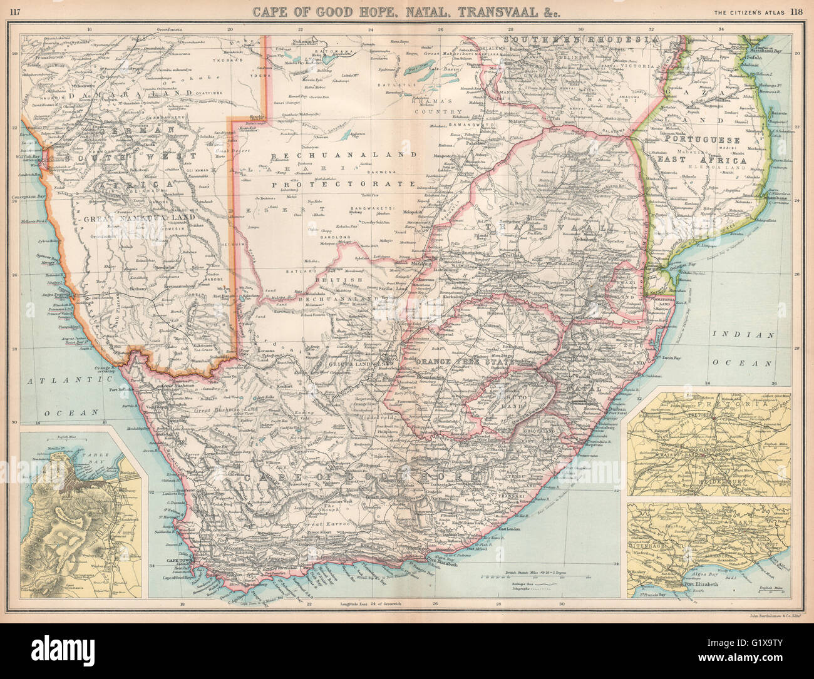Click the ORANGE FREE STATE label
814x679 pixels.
[x=460, y=362]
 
